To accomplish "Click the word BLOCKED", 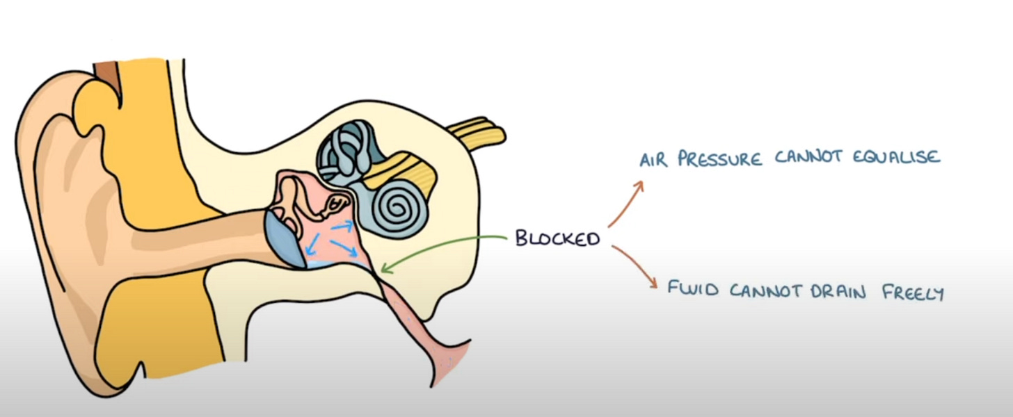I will (557, 239).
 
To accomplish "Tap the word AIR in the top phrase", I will (655, 160).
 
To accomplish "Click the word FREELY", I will (913, 293).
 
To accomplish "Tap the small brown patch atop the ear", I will (106, 71).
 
